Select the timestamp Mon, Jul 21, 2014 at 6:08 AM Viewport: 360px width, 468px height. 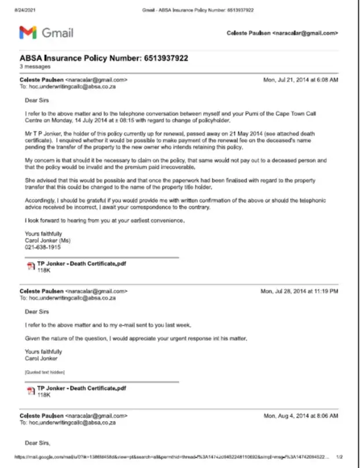click(300, 79)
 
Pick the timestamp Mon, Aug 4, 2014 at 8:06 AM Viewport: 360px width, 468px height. click(301, 416)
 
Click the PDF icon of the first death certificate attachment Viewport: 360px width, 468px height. click(31, 266)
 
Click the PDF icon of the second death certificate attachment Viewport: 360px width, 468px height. click(31, 391)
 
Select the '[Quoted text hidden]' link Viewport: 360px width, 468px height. click(45, 371)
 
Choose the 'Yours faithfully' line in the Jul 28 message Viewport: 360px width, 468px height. click(43, 352)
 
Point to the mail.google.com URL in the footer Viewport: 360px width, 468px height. click(174, 456)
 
